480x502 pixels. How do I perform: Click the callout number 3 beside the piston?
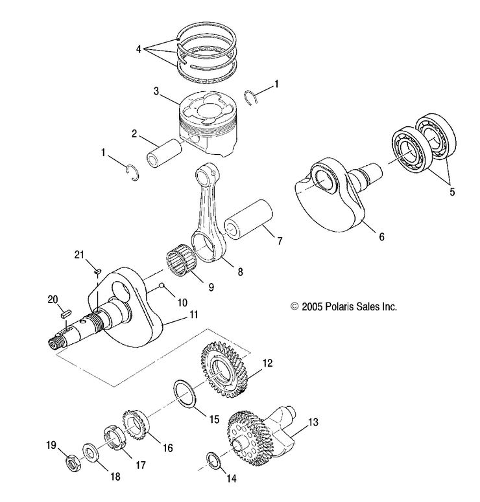coord(156,91)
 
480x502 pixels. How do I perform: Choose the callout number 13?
coord(313,422)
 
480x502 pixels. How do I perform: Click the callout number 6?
coord(381,237)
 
